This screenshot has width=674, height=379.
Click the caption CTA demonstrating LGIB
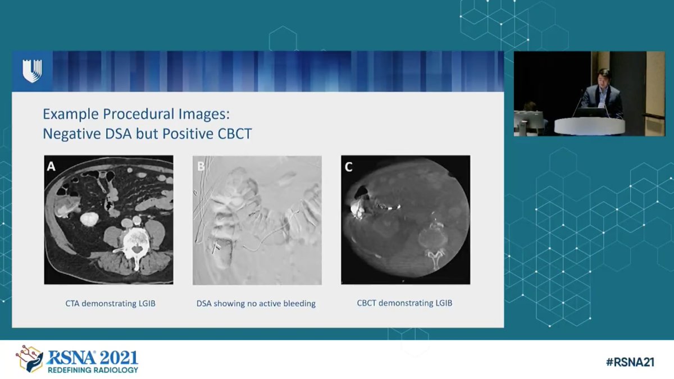(110, 304)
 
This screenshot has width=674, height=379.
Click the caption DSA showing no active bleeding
(256, 304)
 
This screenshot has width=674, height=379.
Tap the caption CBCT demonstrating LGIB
(404, 303)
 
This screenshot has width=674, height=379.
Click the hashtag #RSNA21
(630, 363)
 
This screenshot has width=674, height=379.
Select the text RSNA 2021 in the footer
(92, 358)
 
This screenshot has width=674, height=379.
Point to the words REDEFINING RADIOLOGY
(92, 370)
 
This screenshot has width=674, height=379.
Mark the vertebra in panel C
(431, 239)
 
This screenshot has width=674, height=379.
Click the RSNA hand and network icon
(29, 359)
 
